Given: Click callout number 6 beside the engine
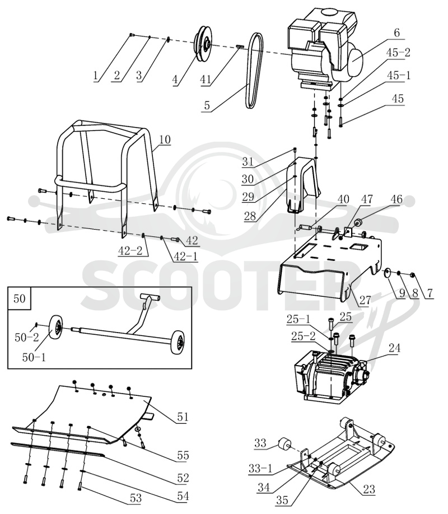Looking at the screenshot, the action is point(396,33).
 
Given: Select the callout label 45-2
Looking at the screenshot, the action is point(398,53).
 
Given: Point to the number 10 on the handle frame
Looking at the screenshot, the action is point(165,139).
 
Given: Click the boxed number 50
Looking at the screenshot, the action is point(20,298).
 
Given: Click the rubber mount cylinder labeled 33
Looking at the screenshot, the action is point(284,444).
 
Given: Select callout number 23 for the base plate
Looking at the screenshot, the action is point(369,489).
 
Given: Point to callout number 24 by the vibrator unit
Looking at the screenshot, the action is point(394,348).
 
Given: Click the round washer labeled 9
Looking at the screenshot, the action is point(388,273).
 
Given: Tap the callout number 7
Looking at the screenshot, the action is point(430,293).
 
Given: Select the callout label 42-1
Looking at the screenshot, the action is point(186,256).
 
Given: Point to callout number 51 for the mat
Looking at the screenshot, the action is point(183,417).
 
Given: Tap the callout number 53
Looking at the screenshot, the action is point(136,498).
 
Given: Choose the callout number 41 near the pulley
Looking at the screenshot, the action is point(206,80).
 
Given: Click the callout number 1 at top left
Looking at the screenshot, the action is point(95,76).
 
